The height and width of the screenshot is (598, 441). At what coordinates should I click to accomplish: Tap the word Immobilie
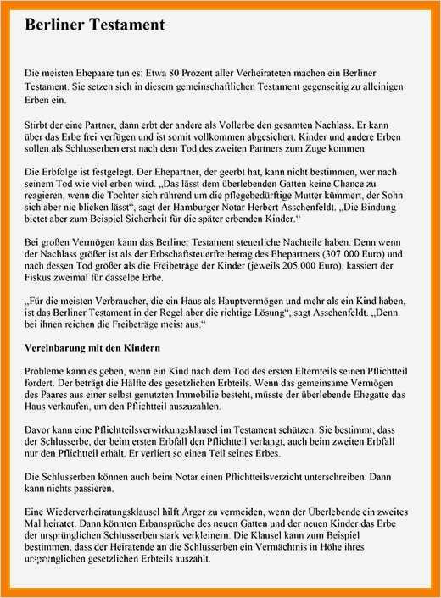tap(219, 396)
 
